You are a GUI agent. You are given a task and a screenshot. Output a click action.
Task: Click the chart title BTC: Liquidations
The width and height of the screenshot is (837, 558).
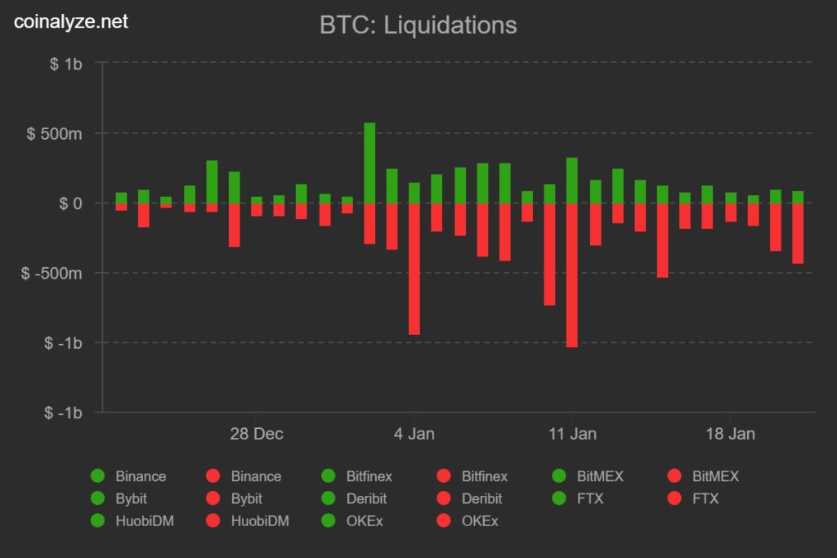[x=418, y=25]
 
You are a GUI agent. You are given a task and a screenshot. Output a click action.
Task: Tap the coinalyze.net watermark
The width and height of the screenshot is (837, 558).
[x=71, y=22]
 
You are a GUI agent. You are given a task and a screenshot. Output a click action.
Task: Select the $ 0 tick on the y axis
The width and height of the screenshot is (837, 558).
[x=69, y=203]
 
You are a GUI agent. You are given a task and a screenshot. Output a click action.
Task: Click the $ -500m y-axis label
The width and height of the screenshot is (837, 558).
[x=51, y=273]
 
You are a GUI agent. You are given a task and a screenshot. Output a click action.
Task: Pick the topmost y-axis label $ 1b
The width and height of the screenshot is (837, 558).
[x=65, y=64]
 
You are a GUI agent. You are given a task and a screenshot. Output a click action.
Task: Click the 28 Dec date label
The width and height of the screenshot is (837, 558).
[x=257, y=434]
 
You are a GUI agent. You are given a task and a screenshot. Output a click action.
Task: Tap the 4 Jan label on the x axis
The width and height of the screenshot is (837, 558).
[x=414, y=434]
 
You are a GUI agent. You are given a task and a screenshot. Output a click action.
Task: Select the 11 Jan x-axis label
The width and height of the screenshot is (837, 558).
[x=572, y=434]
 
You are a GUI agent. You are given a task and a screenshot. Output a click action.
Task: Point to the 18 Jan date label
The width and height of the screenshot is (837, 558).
[x=730, y=434]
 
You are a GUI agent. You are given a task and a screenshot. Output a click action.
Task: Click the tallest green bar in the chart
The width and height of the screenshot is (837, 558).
[x=369, y=163]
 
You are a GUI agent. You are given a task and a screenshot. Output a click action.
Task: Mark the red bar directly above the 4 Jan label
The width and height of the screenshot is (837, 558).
[x=414, y=269]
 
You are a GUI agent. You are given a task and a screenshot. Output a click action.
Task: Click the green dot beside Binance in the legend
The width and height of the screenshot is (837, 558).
[x=98, y=476]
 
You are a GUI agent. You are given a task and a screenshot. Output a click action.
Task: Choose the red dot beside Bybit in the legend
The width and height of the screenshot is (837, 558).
[x=213, y=498]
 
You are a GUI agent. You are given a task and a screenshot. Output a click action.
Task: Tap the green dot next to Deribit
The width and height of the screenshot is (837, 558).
[x=329, y=498]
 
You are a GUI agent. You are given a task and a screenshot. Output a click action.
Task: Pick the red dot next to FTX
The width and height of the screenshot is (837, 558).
[x=675, y=498]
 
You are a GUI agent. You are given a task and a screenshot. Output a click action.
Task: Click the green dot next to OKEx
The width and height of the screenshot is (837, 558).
[x=329, y=520]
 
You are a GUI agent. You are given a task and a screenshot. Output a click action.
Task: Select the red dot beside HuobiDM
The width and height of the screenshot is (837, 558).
[x=213, y=520]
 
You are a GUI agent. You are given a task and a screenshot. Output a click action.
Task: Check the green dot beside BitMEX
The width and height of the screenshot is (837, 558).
[x=560, y=476]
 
